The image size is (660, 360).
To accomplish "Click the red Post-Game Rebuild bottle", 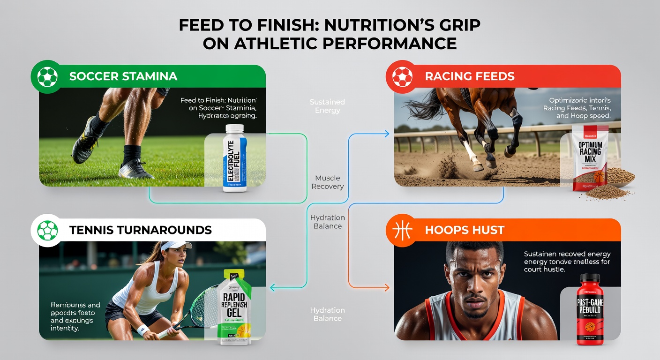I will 590,309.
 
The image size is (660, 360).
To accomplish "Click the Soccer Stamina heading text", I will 123,76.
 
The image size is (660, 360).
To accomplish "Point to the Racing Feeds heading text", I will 469,76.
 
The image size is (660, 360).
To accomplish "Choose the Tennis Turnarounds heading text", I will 140,230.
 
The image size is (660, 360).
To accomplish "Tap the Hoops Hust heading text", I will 465,230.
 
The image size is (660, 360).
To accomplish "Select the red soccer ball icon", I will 402,77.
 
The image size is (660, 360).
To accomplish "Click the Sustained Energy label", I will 327,106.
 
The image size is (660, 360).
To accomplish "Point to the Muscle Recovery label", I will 327,182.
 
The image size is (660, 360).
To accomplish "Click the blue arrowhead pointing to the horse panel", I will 387,134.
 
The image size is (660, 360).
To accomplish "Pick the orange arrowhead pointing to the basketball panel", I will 387,287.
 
